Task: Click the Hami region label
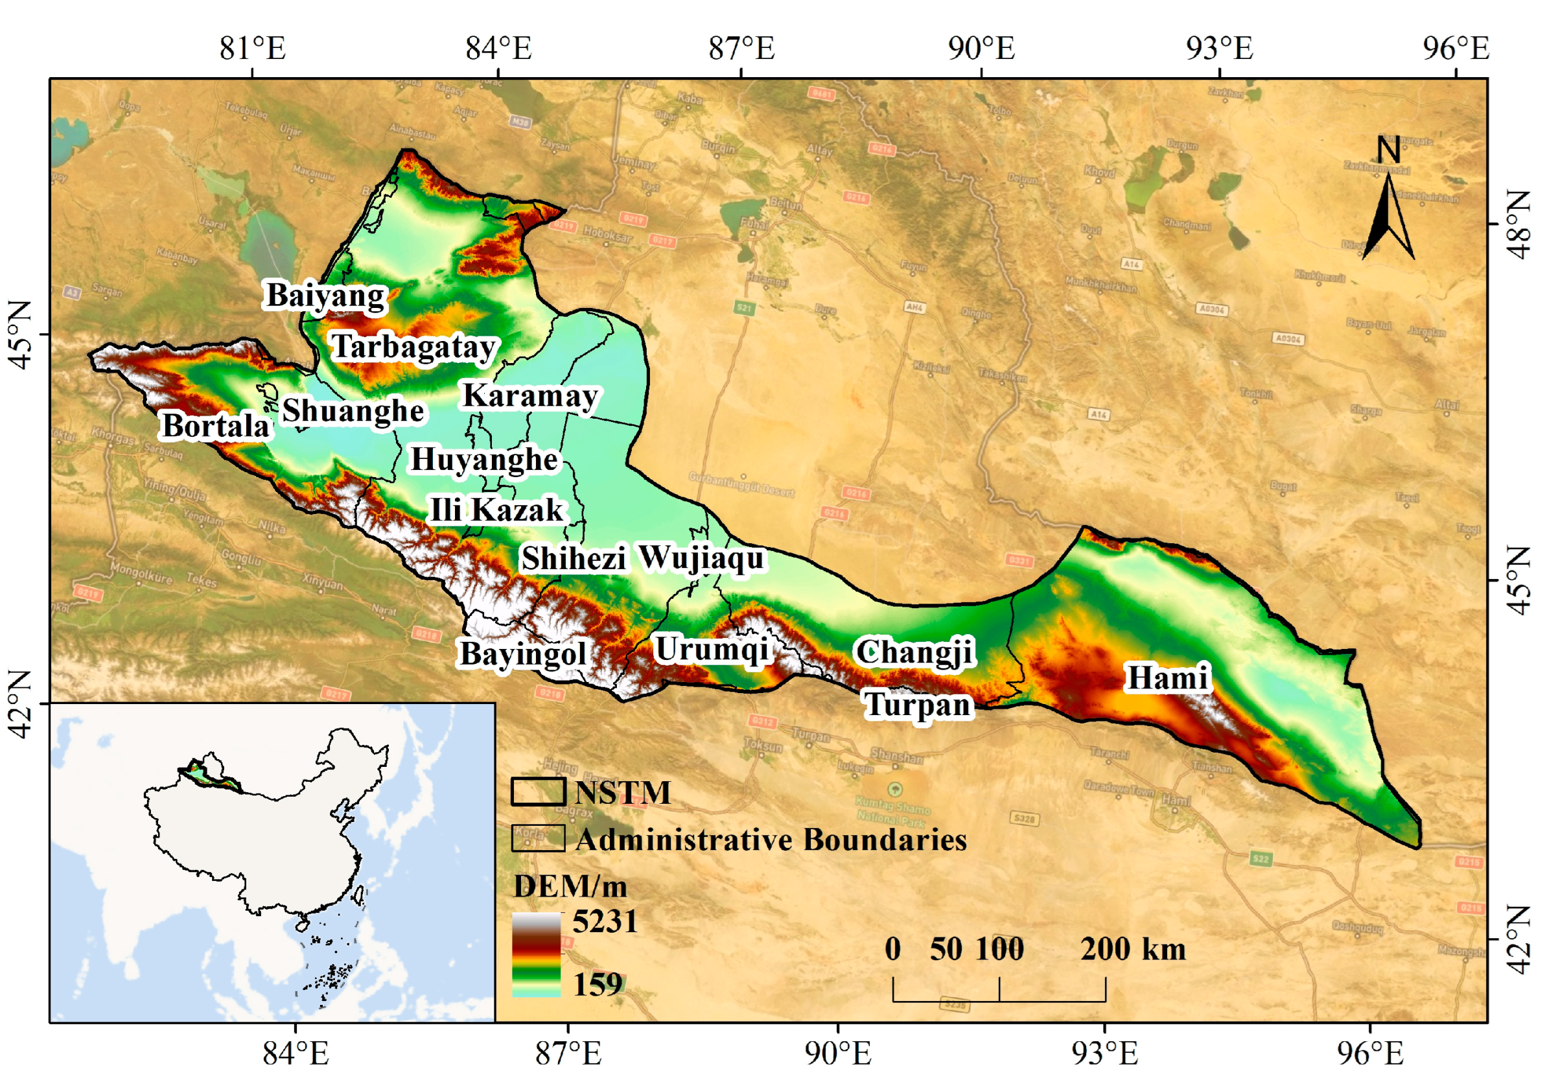point(1167,678)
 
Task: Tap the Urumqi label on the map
point(712,650)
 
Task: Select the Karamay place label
point(530,396)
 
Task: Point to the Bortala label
point(216,426)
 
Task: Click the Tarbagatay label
point(414,347)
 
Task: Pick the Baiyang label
point(325,296)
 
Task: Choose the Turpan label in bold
point(918,705)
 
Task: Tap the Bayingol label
point(523,654)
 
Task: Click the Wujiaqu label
point(701,558)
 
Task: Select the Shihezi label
point(574,559)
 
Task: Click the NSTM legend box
point(538,792)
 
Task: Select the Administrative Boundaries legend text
point(771,840)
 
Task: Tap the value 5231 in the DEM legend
point(605,921)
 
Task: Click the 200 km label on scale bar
point(1133,949)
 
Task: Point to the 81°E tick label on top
point(253,48)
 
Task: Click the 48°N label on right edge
point(1521,224)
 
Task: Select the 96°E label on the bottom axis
point(1369,1053)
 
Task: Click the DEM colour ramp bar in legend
point(536,954)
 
